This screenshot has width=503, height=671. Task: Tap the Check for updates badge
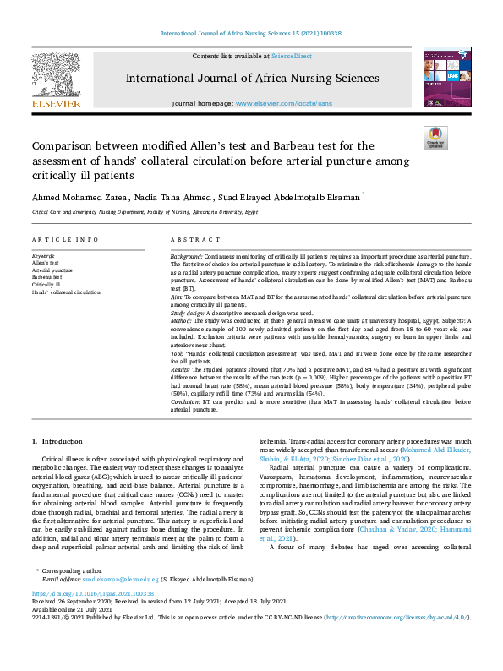click(x=435, y=138)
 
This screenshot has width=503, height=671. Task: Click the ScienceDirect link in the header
click(x=292, y=56)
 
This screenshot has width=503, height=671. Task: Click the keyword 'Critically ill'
click(x=47, y=285)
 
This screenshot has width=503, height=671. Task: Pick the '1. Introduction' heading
click(x=58, y=442)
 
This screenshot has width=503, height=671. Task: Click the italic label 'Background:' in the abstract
click(x=186, y=255)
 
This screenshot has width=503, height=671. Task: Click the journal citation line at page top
click(x=251, y=34)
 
